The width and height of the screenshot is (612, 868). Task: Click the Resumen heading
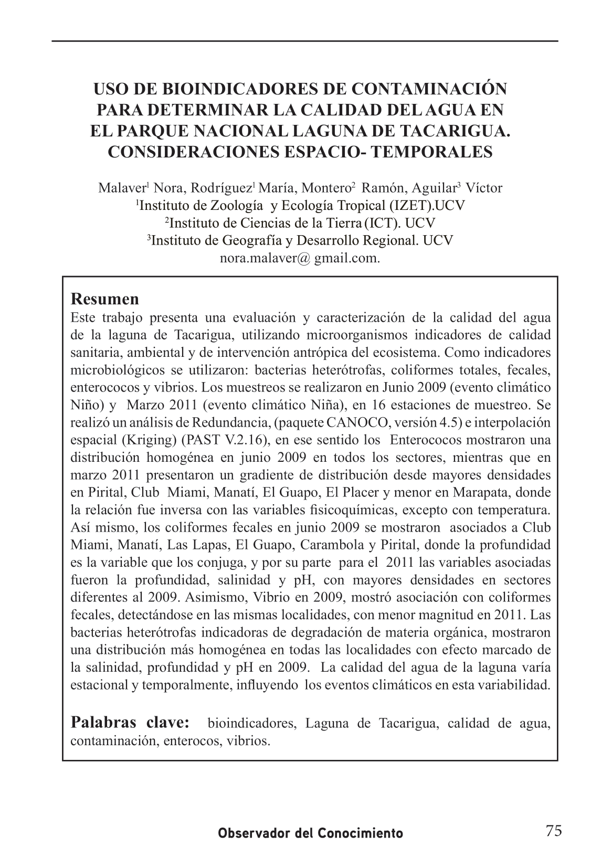pos(105,299)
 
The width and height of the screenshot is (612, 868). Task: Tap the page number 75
pos(553,831)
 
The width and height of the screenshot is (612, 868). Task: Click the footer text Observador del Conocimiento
pos(311,833)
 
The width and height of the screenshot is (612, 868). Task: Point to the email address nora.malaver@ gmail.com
pos(300,258)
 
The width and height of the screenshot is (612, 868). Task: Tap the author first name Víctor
pos(484,188)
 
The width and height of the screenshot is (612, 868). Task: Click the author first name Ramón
pos(382,188)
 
